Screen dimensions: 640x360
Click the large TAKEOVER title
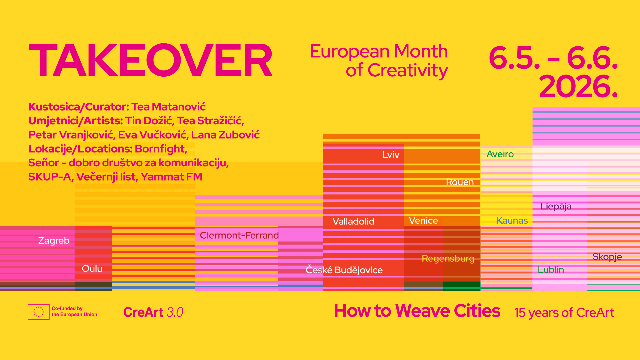[151, 60]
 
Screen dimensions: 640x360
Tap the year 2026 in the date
[578, 86]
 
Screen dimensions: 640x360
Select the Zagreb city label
[54, 240]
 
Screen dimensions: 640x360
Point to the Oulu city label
[92, 268]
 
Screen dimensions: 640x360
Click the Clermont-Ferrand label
[239, 235]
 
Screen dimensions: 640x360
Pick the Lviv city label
[391, 155]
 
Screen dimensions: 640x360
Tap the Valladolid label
[353, 221]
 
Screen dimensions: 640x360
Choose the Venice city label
[423, 220]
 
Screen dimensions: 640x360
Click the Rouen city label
[460, 182]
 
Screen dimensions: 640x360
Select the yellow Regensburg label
[448, 259]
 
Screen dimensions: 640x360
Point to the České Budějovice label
[344, 270]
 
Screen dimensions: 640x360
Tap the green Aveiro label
[500, 154]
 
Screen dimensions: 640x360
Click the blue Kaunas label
[512, 220]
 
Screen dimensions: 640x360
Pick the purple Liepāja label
[556, 206]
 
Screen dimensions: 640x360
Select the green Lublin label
[551, 269]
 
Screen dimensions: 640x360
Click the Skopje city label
[607, 257]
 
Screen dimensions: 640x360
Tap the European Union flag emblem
[39, 312]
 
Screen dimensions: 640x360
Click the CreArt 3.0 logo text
[153, 312]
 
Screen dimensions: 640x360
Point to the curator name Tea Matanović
[168, 107]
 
